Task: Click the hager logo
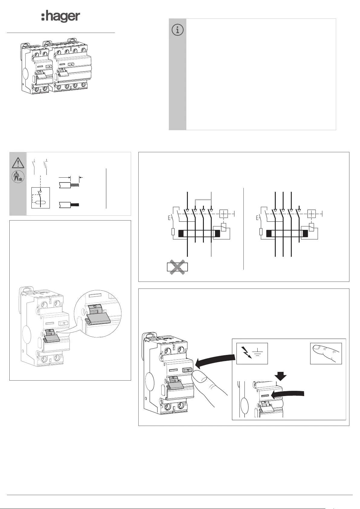[60, 17]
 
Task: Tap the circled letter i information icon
[178, 30]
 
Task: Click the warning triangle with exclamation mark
[18, 163]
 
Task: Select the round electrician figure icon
[18, 177]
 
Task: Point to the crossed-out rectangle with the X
[177, 267]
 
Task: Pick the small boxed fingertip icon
[326, 353]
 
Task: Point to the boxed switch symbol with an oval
[40, 198]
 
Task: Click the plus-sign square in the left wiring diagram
[223, 214]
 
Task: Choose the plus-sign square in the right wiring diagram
[311, 214]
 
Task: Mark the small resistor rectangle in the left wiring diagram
[173, 232]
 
